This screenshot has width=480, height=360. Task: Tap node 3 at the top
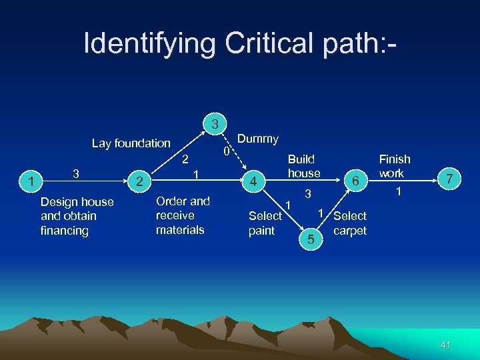click(215, 124)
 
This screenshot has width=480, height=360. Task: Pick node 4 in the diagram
click(253, 181)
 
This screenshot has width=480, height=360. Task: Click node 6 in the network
click(357, 181)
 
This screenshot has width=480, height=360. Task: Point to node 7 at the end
click(450, 179)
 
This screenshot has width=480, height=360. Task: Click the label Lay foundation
click(131, 143)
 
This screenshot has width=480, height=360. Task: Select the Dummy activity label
click(258, 139)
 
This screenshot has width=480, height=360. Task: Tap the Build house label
click(303, 166)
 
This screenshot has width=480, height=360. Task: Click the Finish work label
click(394, 166)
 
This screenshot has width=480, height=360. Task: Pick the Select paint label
click(265, 223)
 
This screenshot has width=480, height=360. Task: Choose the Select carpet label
click(350, 223)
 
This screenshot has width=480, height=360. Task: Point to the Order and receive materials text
click(182, 215)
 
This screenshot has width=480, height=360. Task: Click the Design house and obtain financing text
click(77, 216)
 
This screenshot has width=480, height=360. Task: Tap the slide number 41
click(446, 344)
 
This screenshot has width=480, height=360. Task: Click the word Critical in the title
click(267, 44)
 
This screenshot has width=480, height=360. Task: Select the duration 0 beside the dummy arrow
click(227, 153)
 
